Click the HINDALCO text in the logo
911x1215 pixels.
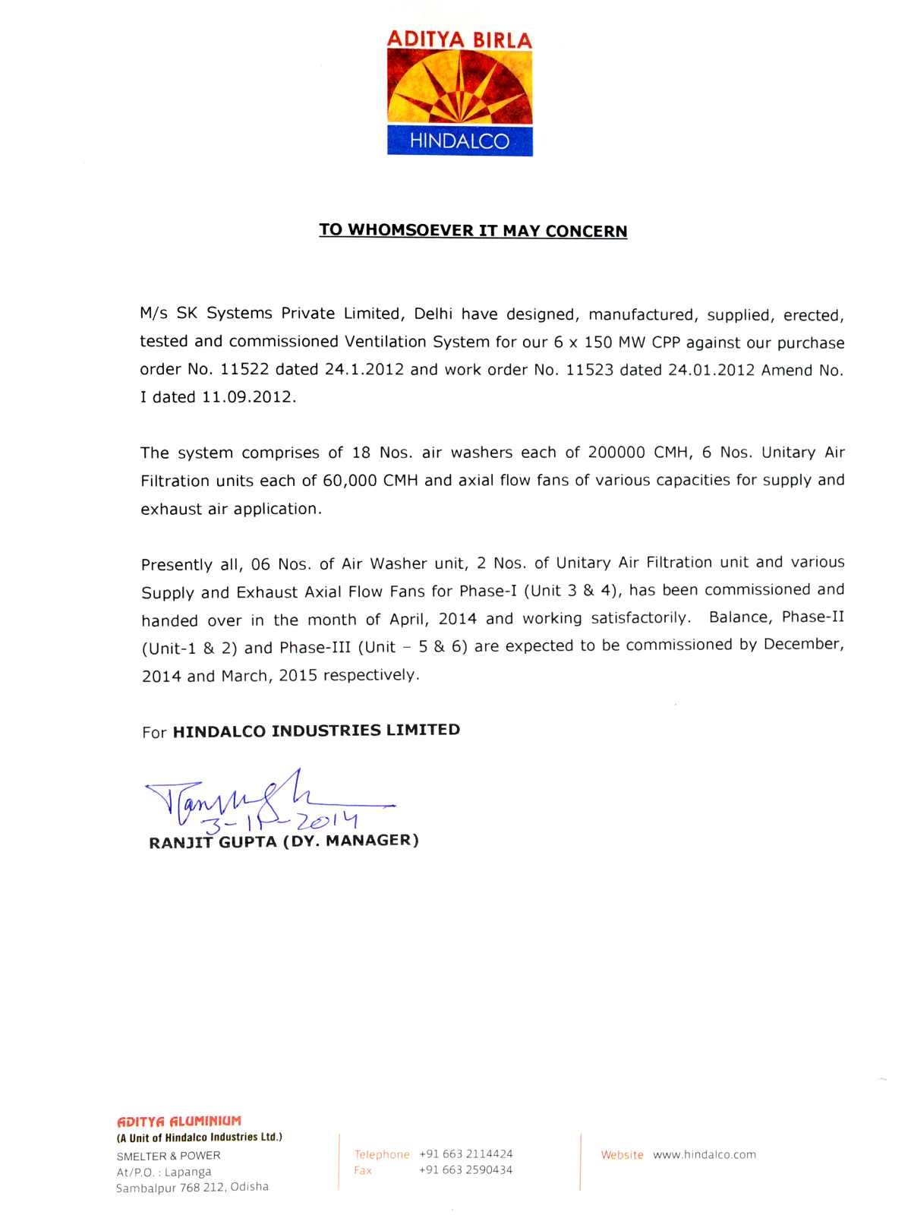pyautogui.click(x=459, y=140)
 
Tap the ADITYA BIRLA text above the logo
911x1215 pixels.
pyautogui.click(x=460, y=39)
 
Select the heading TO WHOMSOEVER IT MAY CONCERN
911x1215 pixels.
pyautogui.click(x=473, y=230)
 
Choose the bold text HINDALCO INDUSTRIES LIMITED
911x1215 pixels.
pyautogui.click(x=317, y=731)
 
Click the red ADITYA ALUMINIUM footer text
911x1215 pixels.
pyautogui.click(x=178, y=1121)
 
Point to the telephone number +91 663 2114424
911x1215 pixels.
pyautogui.click(x=466, y=1153)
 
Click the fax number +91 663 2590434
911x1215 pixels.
pyautogui.click(x=466, y=1170)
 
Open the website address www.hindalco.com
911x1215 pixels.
pyautogui.click(x=705, y=1154)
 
